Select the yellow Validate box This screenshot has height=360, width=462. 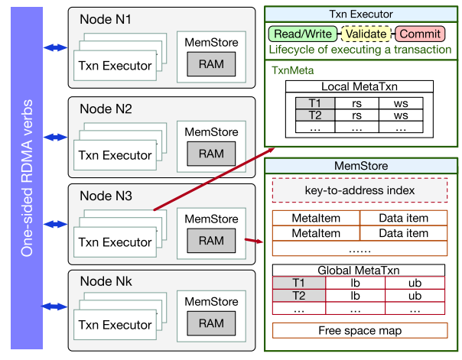(x=366, y=34)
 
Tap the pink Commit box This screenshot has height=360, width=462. (x=420, y=34)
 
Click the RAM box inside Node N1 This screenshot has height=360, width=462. (x=211, y=64)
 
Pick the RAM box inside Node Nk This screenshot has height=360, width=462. (x=211, y=324)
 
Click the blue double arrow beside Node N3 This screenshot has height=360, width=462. (x=55, y=224)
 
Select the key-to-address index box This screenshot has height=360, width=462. (x=360, y=190)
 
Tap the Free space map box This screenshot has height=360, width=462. (x=360, y=331)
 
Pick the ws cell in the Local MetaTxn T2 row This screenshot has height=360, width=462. (x=400, y=115)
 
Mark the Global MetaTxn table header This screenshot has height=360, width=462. (x=360, y=270)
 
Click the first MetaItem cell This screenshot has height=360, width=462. (x=316, y=219)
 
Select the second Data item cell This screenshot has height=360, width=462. (x=403, y=233)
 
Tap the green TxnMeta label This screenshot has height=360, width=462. (x=290, y=69)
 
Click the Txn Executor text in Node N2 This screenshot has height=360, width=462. (x=115, y=155)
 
